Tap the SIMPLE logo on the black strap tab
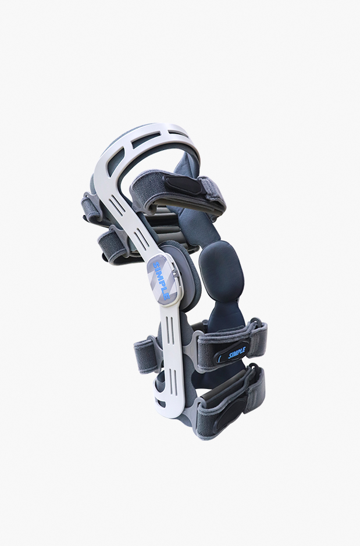[237, 354]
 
